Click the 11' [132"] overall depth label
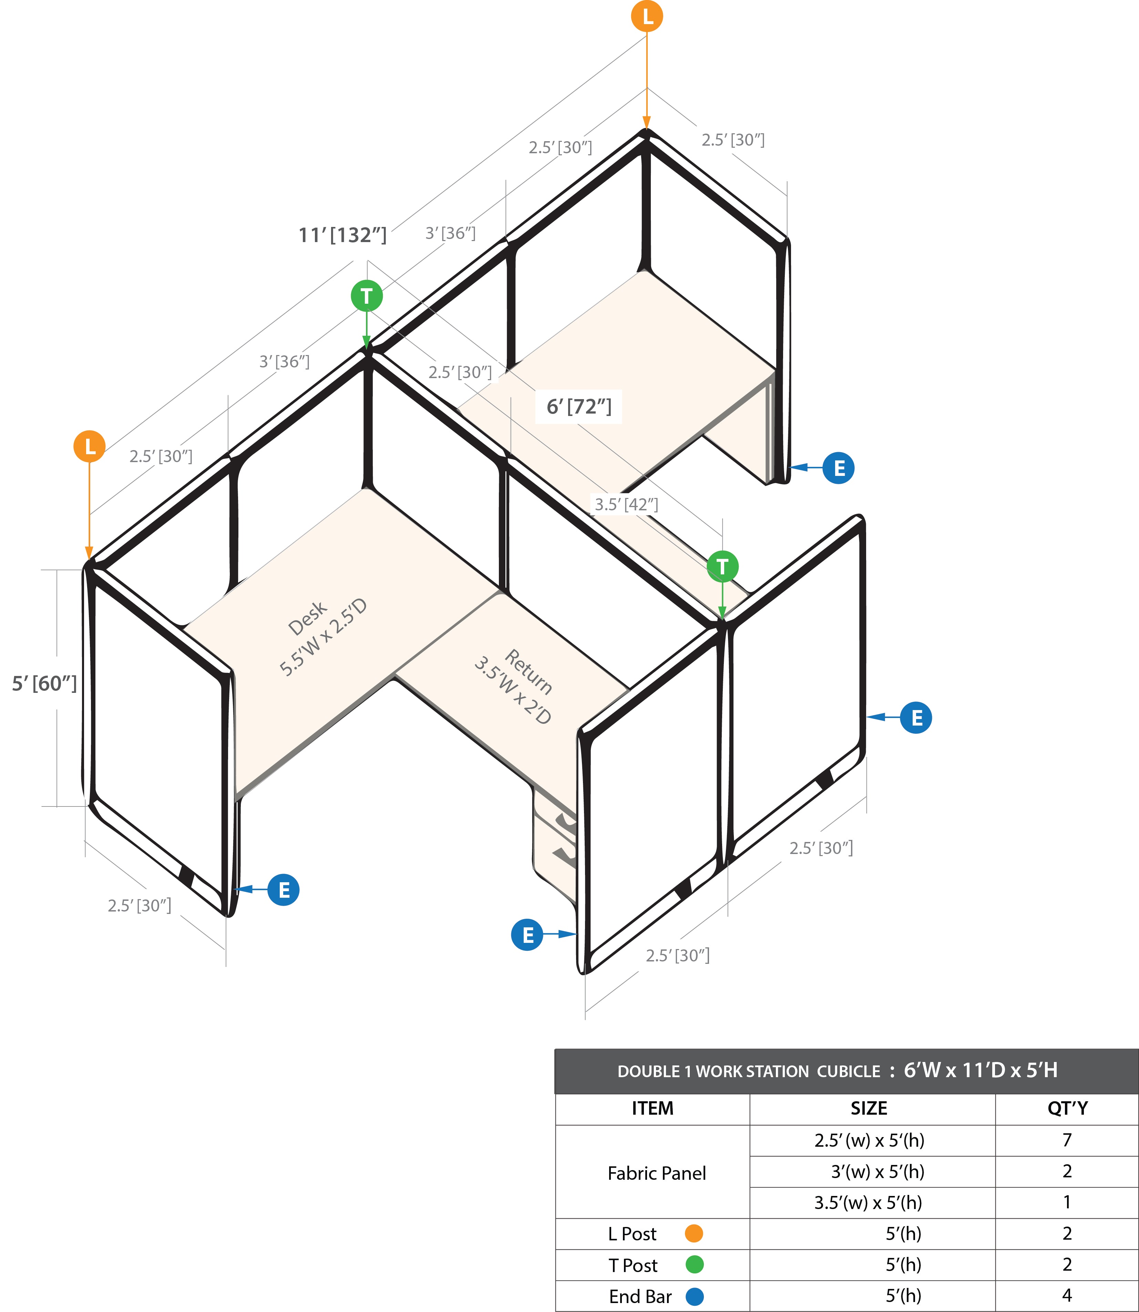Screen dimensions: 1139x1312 pyautogui.click(x=342, y=235)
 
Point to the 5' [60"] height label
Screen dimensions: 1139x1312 pyautogui.click(x=44, y=684)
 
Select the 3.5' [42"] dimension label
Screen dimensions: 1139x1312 pyautogui.click(x=626, y=504)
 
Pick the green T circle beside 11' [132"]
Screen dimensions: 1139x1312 pyautogui.click(x=367, y=296)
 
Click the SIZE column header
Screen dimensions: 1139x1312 pyautogui.click(x=869, y=1109)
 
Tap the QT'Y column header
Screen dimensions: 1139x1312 pyautogui.click(x=1067, y=1109)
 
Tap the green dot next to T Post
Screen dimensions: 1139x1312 pyautogui.click(x=695, y=1264)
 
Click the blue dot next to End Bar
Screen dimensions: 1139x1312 pyautogui.click(x=695, y=1296)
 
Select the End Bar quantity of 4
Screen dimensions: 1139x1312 pyautogui.click(x=1067, y=1295)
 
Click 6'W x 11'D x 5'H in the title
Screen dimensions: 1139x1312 pyautogui.click(x=981, y=1071)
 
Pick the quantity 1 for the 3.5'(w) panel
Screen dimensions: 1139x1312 pyautogui.click(x=1067, y=1202)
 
